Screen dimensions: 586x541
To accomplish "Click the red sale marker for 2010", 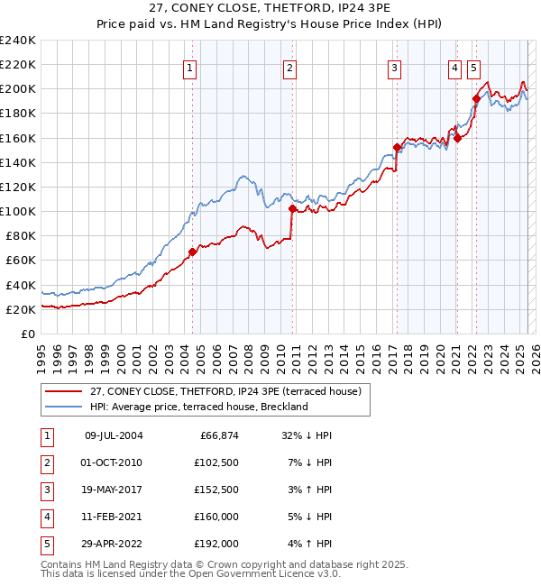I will [292, 208].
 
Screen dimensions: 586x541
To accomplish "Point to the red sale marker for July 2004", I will [192, 252].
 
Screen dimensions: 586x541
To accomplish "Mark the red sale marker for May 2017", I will [397, 147].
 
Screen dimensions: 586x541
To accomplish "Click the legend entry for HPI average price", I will [198, 407].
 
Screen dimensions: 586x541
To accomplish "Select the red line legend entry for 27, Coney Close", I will [225, 391].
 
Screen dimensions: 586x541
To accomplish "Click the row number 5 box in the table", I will [45, 544].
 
